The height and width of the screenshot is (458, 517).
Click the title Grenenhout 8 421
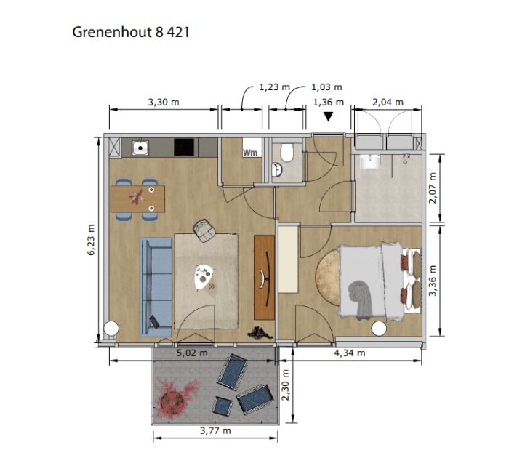pyautogui.click(x=131, y=32)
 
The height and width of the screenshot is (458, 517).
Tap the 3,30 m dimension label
pyautogui.click(x=164, y=103)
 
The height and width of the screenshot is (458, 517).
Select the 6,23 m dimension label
pyautogui.click(x=91, y=240)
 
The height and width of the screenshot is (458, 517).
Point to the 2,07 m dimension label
pyautogui.click(x=433, y=188)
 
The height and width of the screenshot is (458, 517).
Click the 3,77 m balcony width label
pyautogui.click(x=215, y=430)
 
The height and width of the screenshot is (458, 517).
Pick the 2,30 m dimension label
pyautogui.click(x=285, y=385)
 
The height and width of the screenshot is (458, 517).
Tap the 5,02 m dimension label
pyautogui.click(x=192, y=353)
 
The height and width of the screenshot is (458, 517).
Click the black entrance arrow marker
pyautogui.click(x=328, y=116)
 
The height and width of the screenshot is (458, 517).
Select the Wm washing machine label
pyautogui.click(x=250, y=153)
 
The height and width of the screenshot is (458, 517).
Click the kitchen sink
pyautogui.click(x=140, y=148)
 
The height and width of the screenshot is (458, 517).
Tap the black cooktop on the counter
pyautogui.click(x=184, y=147)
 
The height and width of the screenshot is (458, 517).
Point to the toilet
pyautogui.click(x=286, y=153)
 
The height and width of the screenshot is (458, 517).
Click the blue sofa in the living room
pyautogui.click(x=156, y=287)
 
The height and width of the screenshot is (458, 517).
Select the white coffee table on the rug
pyautogui.click(x=202, y=277)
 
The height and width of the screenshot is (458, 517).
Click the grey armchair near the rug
pyautogui.click(x=204, y=230)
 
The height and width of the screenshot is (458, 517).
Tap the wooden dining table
pyautogui.click(x=138, y=199)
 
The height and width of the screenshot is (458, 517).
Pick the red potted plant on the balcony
pyautogui.click(x=175, y=398)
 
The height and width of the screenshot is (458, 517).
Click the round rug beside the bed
pyautogui.click(x=328, y=278)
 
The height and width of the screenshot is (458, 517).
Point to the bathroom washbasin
pyautogui.click(x=370, y=162)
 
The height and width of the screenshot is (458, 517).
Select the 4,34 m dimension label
pyautogui.click(x=350, y=353)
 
